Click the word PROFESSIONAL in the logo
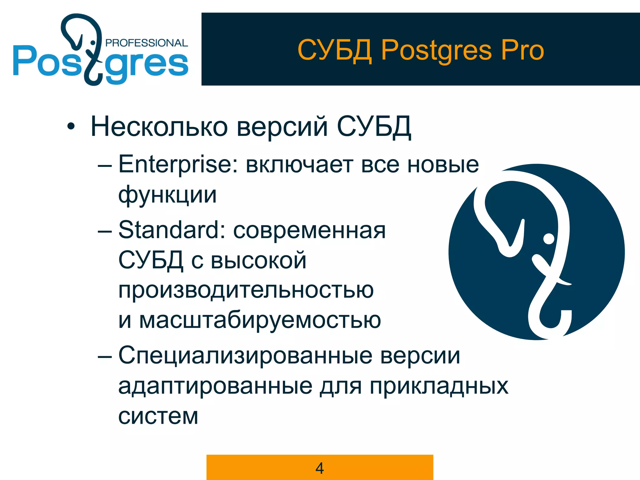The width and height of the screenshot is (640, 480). [x=147, y=43]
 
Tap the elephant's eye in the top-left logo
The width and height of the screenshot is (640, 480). [x=92, y=42]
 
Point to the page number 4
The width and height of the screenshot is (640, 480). [x=320, y=468]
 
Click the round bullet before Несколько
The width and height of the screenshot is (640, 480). [x=71, y=127]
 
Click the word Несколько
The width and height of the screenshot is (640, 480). [x=159, y=127]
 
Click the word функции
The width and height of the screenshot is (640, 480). [x=167, y=195]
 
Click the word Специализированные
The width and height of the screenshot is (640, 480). [x=245, y=356]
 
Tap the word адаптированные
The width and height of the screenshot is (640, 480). [x=215, y=386]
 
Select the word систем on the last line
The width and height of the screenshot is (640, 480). [x=158, y=416]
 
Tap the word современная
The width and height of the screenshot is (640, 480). [x=309, y=231]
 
